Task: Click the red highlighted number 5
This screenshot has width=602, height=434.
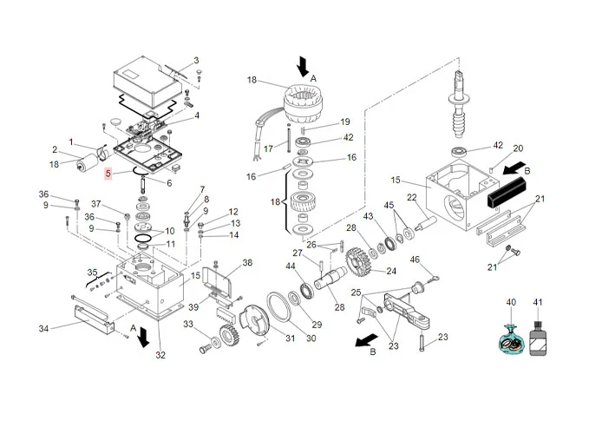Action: pyautogui.click(x=108, y=174)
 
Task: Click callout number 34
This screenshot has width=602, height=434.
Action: pyautogui.click(x=43, y=327)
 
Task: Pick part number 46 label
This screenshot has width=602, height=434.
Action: pyautogui.click(x=415, y=260)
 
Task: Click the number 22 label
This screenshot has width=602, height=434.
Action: pyautogui.click(x=413, y=197)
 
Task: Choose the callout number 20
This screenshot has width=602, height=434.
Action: pyautogui.click(x=519, y=148)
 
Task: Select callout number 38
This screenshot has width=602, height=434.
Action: pyautogui.click(x=247, y=263)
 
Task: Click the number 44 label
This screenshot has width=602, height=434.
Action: pyautogui.click(x=291, y=266)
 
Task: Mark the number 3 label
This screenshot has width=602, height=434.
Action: pyautogui.click(x=196, y=60)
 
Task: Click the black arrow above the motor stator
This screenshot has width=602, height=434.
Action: pyautogui.click(x=304, y=66)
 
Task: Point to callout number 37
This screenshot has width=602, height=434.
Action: pyautogui.click(x=97, y=205)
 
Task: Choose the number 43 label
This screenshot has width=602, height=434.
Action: pyautogui.click(x=367, y=216)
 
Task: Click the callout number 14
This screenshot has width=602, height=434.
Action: pyautogui.click(x=233, y=235)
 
